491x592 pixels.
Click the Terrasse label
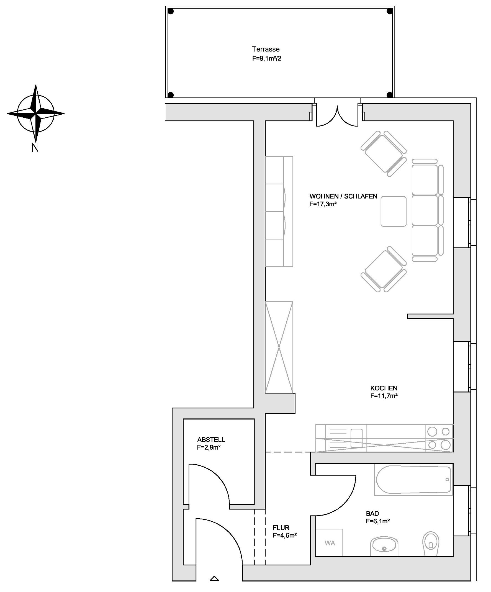[266, 49]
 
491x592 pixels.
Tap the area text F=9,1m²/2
[266, 59]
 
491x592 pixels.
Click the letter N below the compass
[35, 148]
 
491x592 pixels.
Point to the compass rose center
[35, 114]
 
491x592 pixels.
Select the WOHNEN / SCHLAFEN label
[343, 197]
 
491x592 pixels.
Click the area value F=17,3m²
[323, 204]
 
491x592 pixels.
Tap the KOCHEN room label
[384, 388]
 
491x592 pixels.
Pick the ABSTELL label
[211, 439]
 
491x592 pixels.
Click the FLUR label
[281, 528]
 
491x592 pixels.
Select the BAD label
[372, 514]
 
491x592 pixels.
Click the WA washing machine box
[329, 543]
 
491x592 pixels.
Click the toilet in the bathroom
[431, 544]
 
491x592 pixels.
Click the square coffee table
[394, 212]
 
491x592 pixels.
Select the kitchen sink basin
[356, 438]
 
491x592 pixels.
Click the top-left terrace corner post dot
[171, 12]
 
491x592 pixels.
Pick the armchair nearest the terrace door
[384, 153]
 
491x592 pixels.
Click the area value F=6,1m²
[378, 521]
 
